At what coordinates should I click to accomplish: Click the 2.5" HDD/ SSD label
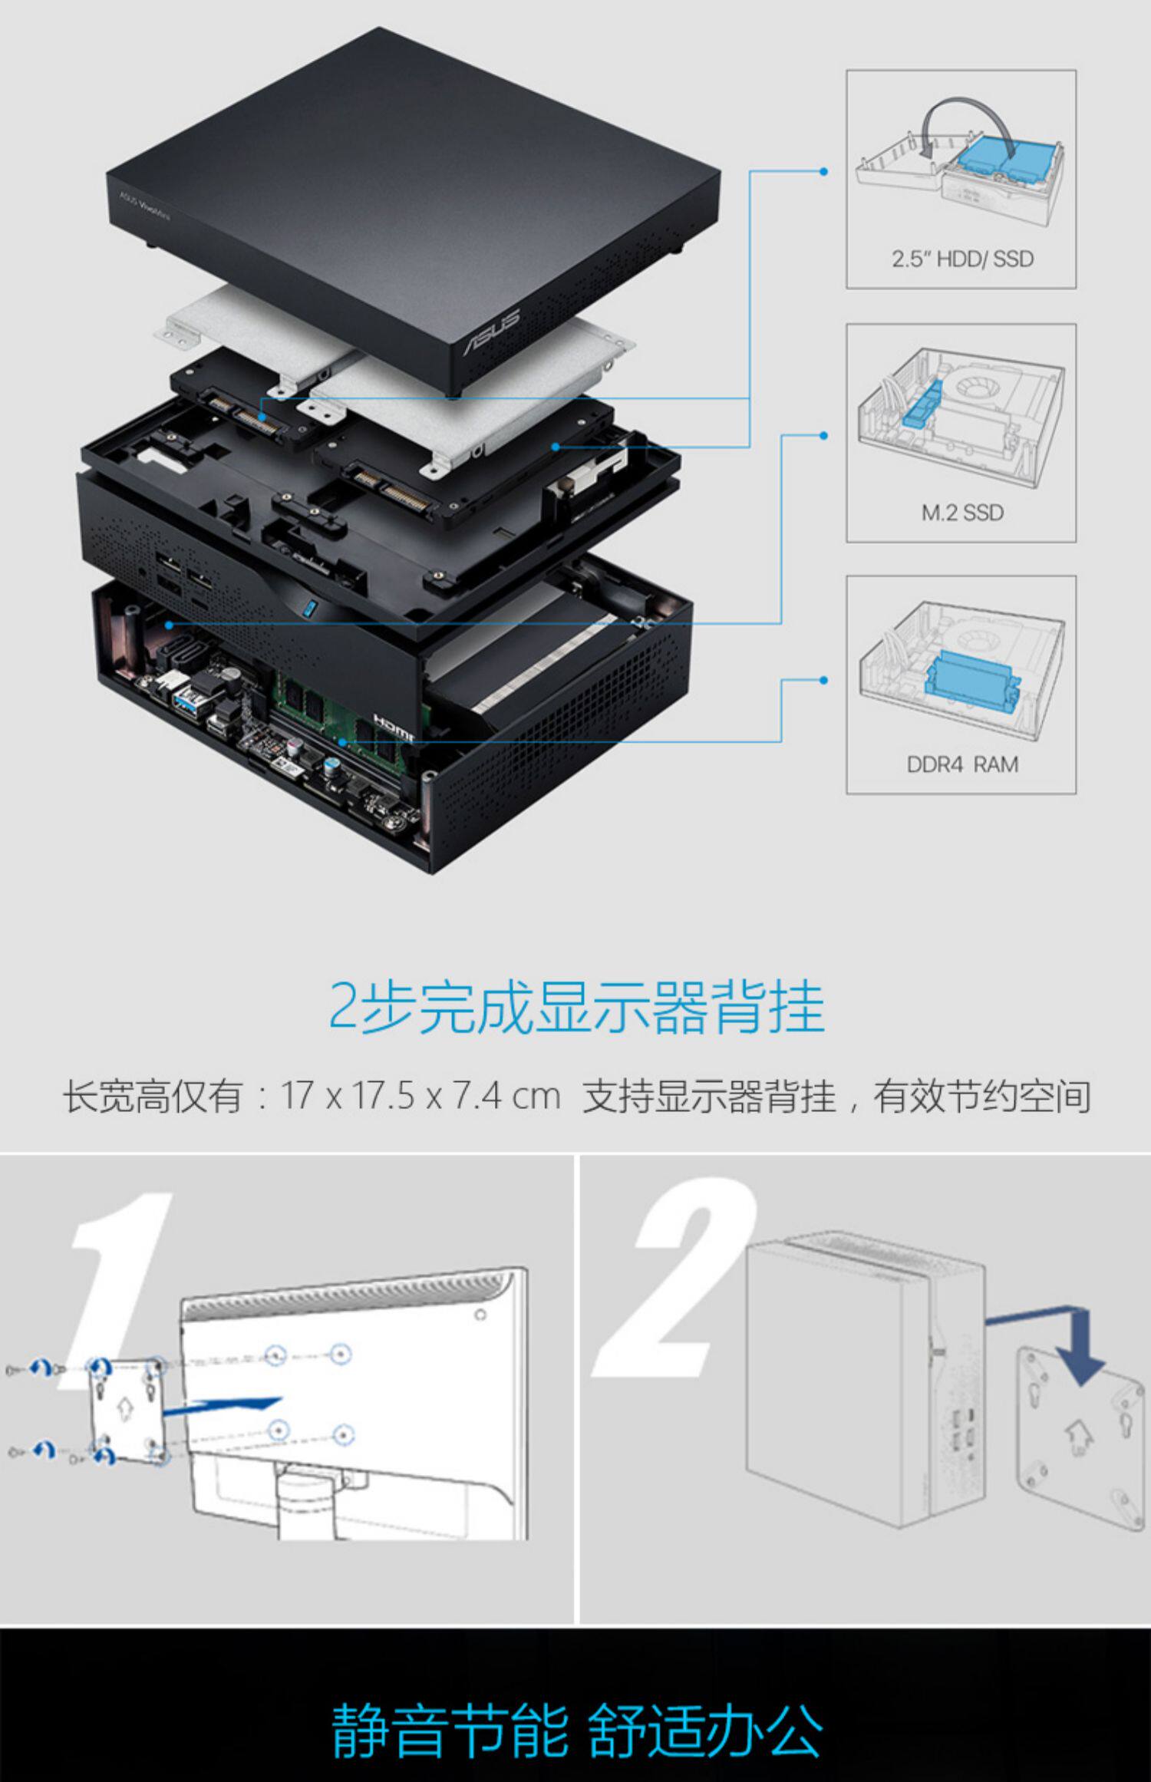click(x=961, y=259)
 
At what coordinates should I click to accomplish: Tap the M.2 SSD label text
click(x=961, y=512)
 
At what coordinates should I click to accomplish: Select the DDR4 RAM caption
click(x=961, y=764)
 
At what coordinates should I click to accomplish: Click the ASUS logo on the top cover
click(x=492, y=332)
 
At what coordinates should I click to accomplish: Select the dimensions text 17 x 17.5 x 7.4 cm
click(x=420, y=1096)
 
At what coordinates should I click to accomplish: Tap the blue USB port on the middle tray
click(x=308, y=609)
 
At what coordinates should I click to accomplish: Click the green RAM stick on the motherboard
click(x=338, y=714)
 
